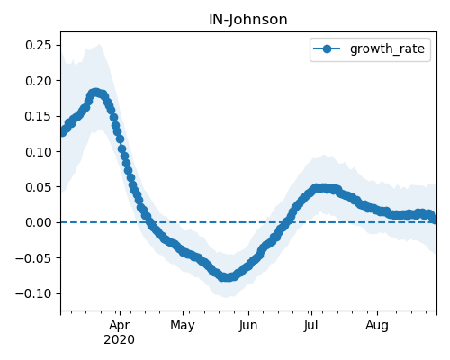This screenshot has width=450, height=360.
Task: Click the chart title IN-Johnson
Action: [248, 20]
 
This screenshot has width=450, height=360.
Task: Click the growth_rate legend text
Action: [387, 49]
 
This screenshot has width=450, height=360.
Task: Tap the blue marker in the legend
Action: [327, 49]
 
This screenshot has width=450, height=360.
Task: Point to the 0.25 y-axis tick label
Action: [39, 45]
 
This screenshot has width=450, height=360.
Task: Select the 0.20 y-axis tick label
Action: [39, 81]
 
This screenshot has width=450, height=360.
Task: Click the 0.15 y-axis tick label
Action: [39, 116]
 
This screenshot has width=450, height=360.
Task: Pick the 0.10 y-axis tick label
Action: [39, 152]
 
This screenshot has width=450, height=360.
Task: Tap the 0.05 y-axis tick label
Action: [39, 187]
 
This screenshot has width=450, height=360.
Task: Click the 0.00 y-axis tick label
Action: [39, 222]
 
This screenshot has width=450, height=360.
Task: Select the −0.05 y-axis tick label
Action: [33, 258]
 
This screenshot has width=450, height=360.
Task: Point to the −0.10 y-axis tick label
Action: [33, 293]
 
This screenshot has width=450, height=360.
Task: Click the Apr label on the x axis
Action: [120, 326]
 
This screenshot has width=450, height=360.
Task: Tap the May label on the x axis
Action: [183, 326]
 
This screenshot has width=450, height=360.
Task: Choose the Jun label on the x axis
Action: [248, 326]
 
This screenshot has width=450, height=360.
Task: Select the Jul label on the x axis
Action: [310, 326]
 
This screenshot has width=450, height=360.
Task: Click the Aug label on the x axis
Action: [377, 326]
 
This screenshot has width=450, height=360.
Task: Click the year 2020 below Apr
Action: [119, 340]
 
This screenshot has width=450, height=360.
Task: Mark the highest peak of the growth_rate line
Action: [95, 93]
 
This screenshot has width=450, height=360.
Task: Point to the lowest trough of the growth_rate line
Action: [228, 277]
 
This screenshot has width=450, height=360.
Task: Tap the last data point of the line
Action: [435, 220]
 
